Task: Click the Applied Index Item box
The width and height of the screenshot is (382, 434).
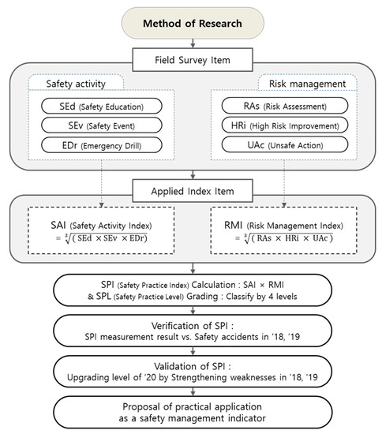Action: (191, 190)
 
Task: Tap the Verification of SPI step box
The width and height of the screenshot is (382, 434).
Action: (191, 333)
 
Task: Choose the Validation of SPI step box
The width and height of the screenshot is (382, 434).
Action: (191, 373)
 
